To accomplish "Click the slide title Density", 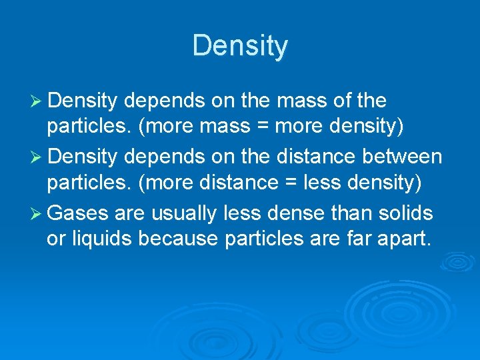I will point(240,46).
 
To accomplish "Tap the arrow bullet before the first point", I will point(37,101).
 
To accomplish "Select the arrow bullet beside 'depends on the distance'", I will point(37,157).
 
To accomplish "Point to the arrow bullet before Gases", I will point(37,214).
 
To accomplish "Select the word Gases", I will point(78,213).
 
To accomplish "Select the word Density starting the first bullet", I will point(83,101).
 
